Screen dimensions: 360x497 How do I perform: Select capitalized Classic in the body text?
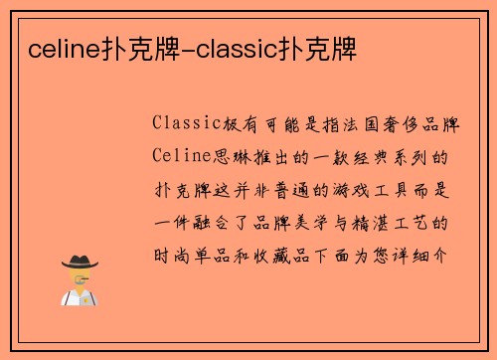186,124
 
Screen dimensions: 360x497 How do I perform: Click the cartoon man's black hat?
80,262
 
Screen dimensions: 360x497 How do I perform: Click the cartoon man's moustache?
80,281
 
